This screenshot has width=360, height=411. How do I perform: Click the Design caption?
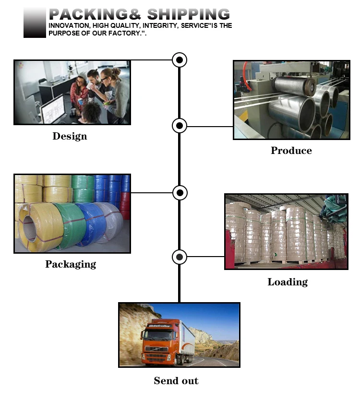(70, 136)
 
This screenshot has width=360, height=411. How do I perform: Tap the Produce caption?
(291, 151)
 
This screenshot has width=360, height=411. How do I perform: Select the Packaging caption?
(71, 264)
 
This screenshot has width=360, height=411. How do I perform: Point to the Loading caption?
(288, 282)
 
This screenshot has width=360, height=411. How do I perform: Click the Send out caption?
(176, 381)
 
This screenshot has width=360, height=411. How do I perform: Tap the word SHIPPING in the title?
(189, 14)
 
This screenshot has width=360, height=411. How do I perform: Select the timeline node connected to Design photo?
(180, 60)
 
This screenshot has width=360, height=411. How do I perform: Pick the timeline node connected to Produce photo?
(180, 126)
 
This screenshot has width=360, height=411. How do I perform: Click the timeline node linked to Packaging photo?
(180, 193)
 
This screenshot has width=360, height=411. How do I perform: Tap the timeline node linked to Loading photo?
(180, 257)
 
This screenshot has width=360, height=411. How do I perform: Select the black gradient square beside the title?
(35, 23)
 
